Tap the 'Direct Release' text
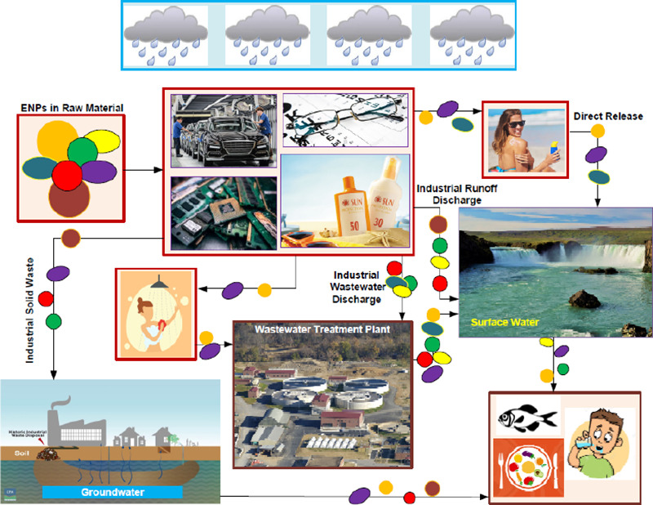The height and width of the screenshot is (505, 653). [x=607, y=116]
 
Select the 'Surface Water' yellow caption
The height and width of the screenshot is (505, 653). [x=505, y=323]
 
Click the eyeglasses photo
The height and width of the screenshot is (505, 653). [x=342, y=123]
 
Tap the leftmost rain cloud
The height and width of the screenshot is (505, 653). [x=165, y=36]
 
